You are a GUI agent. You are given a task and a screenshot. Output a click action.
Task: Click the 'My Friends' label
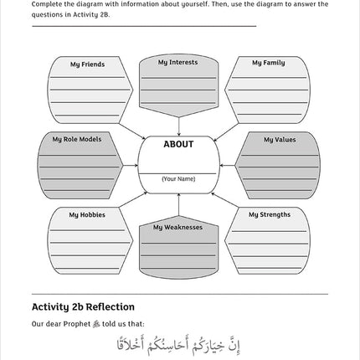pyautogui.click(x=87, y=64)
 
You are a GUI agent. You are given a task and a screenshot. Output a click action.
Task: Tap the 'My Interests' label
pyautogui.click(x=177, y=63)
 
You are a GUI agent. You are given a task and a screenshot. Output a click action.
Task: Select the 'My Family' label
pyautogui.click(x=268, y=63)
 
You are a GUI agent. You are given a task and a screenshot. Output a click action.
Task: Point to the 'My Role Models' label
pyautogui.click(x=77, y=140)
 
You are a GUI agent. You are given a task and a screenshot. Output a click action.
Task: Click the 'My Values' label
pyautogui.click(x=279, y=140)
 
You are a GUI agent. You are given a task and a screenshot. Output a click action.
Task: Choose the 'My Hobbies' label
pyautogui.click(x=87, y=215)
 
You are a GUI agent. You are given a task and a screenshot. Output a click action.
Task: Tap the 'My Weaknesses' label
pyautogui.click(x=177, y=227)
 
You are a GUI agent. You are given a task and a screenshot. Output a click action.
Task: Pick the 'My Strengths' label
pyautogui.click(x=269, y=214)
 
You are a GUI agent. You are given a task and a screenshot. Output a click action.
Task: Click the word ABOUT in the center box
pyautogui.click(x=178, y=145)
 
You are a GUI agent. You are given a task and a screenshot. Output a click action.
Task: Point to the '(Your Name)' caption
pyautogui.click(x=178, y=178)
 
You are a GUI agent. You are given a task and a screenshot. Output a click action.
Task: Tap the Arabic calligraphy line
pyautogui.click(x=179, y=343)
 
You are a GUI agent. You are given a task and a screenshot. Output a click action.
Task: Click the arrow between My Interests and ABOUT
pyautogui.click(x=178, y=125)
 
